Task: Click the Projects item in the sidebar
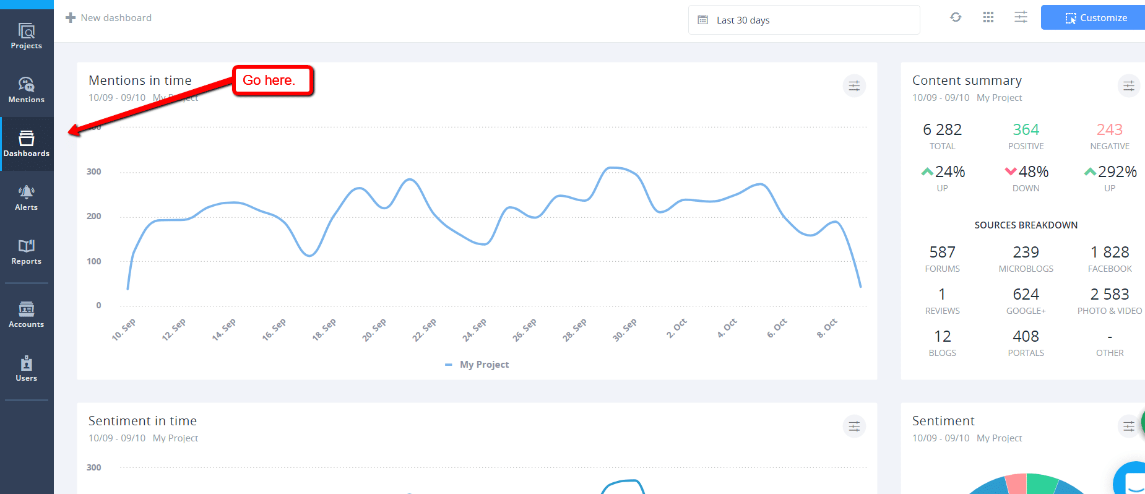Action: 27,36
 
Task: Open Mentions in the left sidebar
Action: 27,90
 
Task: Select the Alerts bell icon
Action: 27,192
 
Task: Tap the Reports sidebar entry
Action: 27,252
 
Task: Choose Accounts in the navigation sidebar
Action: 27,314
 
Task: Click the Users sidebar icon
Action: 27,368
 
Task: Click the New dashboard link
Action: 109,18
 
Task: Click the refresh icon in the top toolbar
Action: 956,17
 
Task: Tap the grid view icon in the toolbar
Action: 988,17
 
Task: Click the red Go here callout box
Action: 272,80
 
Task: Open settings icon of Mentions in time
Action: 854,86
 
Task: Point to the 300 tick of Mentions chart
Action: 94,172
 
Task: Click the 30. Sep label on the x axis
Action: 624,329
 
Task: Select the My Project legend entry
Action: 483,365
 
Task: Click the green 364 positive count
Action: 1026,129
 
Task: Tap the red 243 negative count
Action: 1109,129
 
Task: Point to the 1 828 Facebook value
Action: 1109,252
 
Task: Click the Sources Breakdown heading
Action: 1026,225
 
